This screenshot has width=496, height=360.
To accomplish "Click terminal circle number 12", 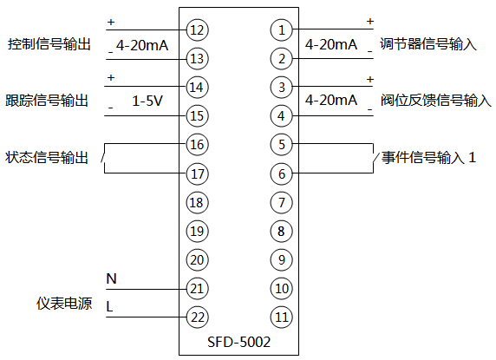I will click(197, 30).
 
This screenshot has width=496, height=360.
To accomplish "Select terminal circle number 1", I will click(281, 30).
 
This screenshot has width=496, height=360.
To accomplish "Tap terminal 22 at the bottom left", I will click(197, 316).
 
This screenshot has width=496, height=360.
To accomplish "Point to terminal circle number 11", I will click(281, 316).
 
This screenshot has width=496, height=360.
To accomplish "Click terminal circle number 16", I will click(197, 144).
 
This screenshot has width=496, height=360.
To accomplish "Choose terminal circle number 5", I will click(281, 144).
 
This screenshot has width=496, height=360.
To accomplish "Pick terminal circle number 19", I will click(197, 231).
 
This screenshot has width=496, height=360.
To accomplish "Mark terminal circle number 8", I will click(281, 231).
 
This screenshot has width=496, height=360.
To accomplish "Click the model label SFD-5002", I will click(239, 342).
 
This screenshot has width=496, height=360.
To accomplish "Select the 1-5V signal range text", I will click(147, 101).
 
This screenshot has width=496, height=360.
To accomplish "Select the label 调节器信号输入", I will click(428, 44).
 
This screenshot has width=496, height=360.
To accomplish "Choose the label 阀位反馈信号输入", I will click(435, 101).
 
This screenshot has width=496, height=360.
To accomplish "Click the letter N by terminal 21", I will click(111, 278).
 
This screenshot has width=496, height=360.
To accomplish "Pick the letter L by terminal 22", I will click(109, 306).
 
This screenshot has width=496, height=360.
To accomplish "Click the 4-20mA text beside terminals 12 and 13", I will click(142, 44).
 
